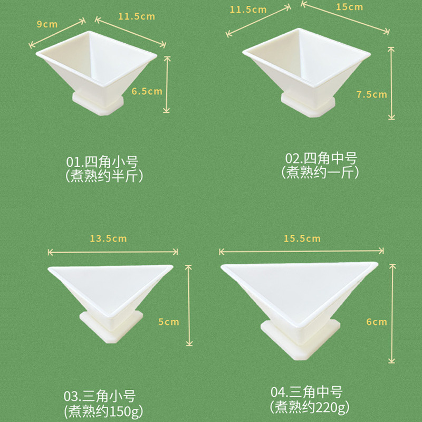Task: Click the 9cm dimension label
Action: click(x=47, y=24)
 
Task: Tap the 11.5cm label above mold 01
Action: click(x=137, y=16)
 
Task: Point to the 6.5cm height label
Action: click(x=147, y=91)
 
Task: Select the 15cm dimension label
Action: click(x=349, y=7)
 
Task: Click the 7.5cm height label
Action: click(x=372, y=94)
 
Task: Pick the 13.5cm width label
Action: click(x=108, y=238)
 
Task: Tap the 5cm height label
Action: click(x=168, y=322)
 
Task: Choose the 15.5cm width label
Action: click(x=302, y=238)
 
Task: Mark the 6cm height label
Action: click(x=377, y=322)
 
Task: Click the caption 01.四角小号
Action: click(x=102, y=162)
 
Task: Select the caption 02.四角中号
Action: click(x=321, y=158)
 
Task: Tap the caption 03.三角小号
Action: click(x=100, y=396)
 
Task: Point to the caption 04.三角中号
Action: click(x=306, y=392)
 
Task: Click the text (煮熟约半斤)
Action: click(x=104, y=176)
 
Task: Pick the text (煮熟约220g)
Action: click(x=310, y=407)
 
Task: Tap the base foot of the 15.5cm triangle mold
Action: click(x=300, y=340)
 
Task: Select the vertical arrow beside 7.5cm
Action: click(x=391, y=83)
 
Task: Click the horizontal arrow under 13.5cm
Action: click(x=113, y=252)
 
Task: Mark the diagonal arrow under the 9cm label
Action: click(x=57, y=33)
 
